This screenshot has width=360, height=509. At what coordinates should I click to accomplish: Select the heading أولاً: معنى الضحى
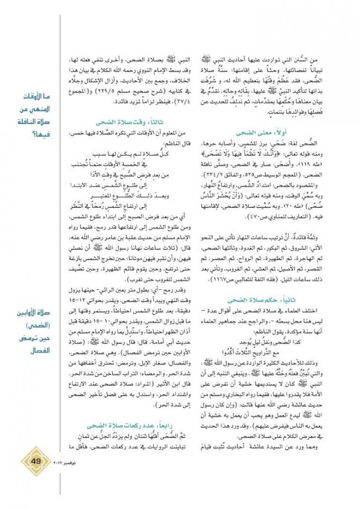[x=252, y=131]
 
